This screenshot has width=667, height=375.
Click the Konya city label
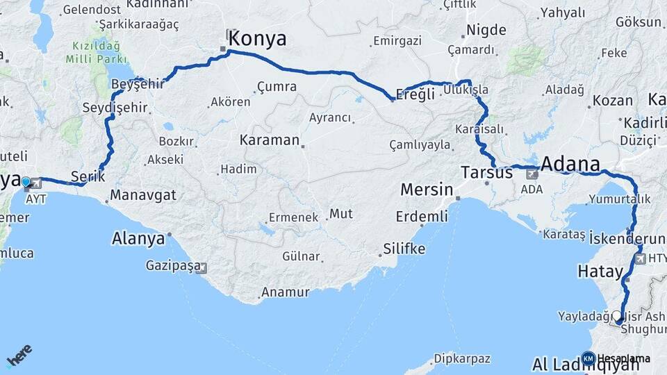(x=257, y=38)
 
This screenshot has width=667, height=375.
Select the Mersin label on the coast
(x=427, y=190)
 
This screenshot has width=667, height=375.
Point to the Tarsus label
(x=487, y=172)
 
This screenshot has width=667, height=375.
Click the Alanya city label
(x=138, y=239)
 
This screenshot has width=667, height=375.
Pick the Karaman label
(x=269, y=140)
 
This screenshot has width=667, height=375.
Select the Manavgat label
(x=143, y=195)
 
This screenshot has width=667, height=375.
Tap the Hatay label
(x=598, y=272)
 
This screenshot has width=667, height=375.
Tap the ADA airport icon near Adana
(x=532, y=174)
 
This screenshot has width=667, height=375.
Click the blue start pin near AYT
(x=26, y=183)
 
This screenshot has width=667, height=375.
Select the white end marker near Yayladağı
(x=617, y=316)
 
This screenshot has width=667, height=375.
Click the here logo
(x=19, y=356)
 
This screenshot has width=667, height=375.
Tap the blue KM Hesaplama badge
(x=588, y=358)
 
